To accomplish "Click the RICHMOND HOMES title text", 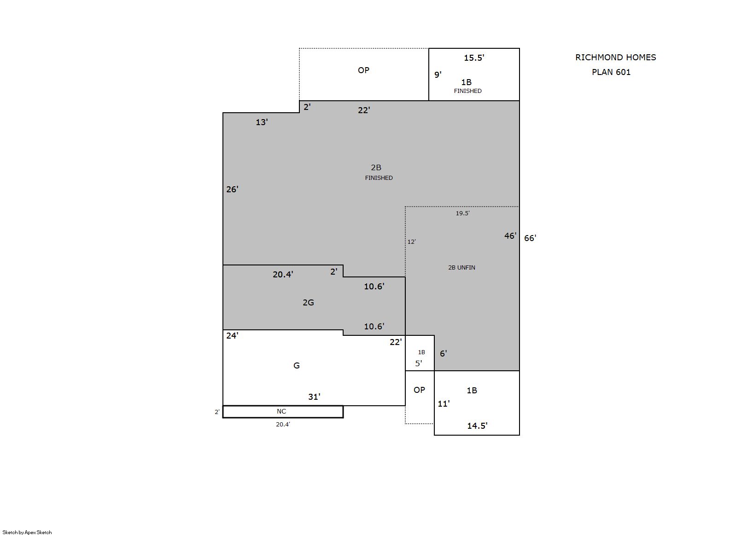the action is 615,58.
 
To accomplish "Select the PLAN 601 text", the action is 611,72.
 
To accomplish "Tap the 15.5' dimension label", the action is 474,58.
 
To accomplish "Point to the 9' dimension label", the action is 438,75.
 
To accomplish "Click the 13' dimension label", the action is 262,122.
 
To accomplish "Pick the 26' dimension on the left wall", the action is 233,189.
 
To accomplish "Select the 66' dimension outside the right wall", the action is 530,238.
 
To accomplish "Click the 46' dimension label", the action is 510,236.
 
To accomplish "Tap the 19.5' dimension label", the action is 462,213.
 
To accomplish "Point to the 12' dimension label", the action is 412,242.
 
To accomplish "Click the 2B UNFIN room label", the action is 461,268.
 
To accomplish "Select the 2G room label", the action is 308,303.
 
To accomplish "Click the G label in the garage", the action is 297,365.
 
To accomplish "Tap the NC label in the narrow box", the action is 281,411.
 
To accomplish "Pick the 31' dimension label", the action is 314,397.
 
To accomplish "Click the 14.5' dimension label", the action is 477,426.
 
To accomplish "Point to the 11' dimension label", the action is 444,404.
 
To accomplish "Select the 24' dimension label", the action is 233,335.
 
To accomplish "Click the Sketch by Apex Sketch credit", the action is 27,532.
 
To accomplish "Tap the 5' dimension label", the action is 419,363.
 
